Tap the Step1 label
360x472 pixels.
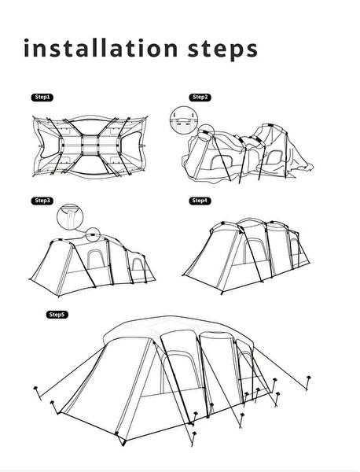[42, 97]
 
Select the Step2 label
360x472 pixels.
[200, 97]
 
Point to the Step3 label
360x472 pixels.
[42, 201]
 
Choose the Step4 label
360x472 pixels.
[200, 201]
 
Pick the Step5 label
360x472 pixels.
[57, 314]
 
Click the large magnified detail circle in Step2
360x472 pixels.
[182, 120]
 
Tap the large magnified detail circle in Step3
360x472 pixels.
[69, 214]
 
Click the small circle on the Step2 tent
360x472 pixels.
[206, 134]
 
